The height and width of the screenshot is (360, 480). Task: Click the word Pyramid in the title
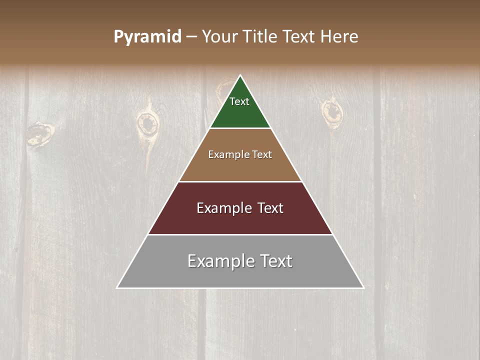147,37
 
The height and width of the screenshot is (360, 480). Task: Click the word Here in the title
339,37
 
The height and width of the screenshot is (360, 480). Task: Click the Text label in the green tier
239,101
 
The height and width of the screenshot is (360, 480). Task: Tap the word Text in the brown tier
262,155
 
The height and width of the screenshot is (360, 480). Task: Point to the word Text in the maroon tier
270,208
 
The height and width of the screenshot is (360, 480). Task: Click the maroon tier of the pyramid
240,222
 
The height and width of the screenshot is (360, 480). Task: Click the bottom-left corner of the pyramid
117,288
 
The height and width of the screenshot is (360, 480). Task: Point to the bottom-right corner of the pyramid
363,288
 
